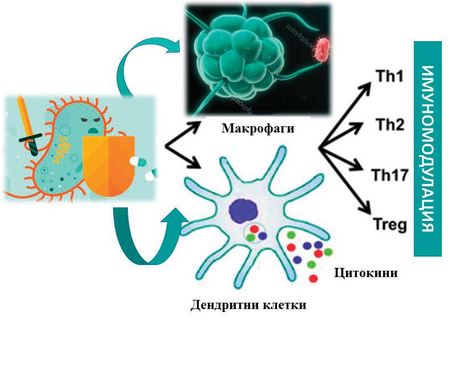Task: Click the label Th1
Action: click(x=389, y=77)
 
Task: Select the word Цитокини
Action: click(x=365, y=273)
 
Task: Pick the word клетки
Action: click(x=283, y=304)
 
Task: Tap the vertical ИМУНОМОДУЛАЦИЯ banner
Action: click(x=429, y=149)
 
